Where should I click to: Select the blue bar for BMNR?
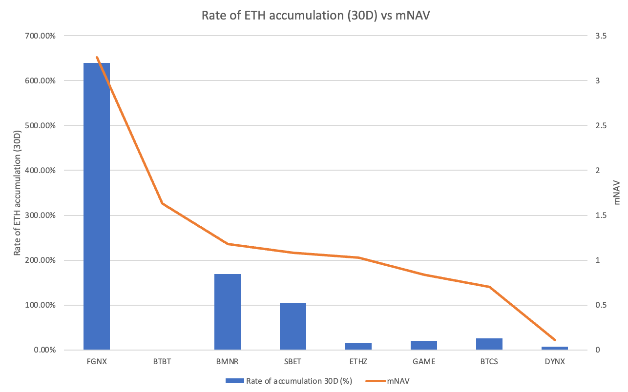coord(228,312)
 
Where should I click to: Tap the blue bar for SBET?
coord(293,326)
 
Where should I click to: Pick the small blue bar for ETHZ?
coord(358,347)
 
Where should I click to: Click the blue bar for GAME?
coord(424,345)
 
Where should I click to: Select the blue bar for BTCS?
coord(489,344)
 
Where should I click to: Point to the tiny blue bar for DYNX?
coord(555,348)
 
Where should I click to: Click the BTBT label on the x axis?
coord(162,362)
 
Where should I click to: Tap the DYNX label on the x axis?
coord(555,362)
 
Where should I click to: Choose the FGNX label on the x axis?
coord(97,362)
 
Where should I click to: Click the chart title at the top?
coord(314,15)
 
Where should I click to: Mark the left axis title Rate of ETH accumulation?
coord(18,193)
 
